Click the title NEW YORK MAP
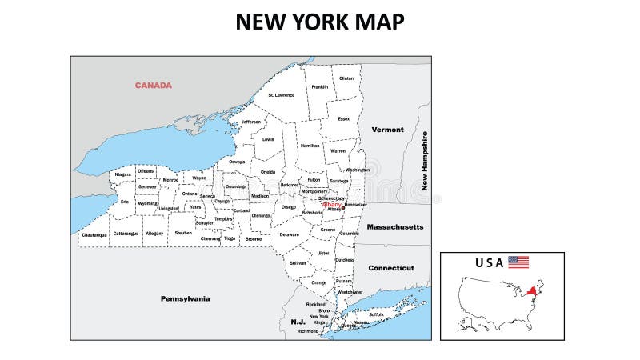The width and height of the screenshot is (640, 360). tap(319, 22)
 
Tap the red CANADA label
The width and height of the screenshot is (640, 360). tap(153, 85)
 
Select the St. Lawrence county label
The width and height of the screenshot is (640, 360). tap(281, 95)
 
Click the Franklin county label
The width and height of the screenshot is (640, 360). tap(320, 87)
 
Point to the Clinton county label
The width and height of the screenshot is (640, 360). tap(346, 78)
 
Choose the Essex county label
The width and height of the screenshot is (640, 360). tap(344, 119)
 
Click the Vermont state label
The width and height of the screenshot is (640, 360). tap(387, 130)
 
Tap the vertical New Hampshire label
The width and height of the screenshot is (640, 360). tap(425, 166)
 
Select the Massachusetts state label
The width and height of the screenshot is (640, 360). tap(395, 227)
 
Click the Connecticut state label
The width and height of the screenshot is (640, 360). tap(391, 268)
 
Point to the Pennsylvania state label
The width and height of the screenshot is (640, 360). tap(185, 298)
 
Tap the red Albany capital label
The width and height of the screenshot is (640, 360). tap(331, 205)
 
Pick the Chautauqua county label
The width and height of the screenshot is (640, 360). tap(94, 234)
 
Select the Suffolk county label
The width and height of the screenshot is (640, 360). tap(376, 314)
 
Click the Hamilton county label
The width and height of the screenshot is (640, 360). tap(310, 146)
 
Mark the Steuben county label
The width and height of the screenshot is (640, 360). tap(183, 233)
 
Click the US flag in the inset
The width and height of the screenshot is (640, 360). tap(518, 262)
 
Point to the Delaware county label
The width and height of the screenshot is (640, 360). tap(289, 234)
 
